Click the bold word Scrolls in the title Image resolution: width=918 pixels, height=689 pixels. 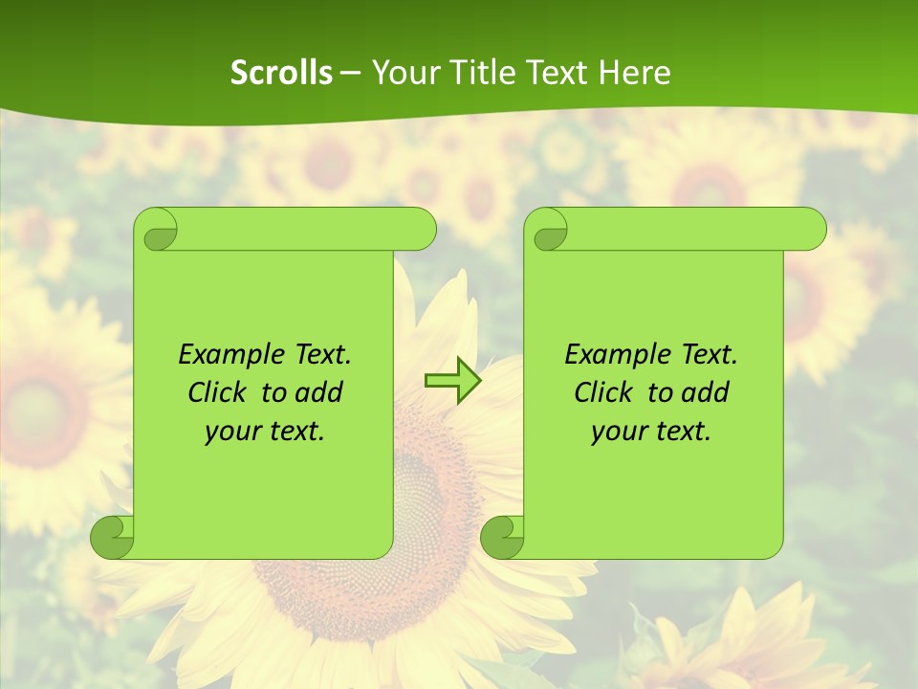282,73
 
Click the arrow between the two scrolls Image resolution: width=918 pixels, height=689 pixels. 452,381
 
